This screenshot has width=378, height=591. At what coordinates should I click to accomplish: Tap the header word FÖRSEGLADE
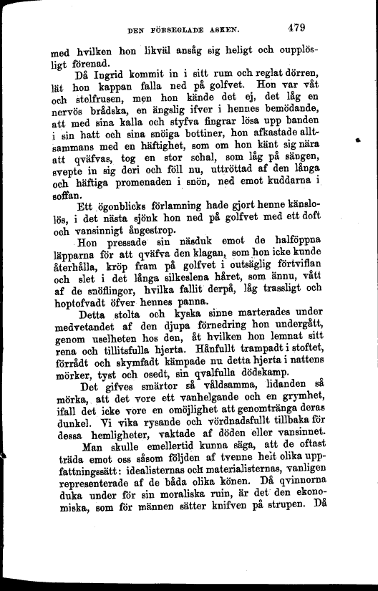point(183,31)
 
